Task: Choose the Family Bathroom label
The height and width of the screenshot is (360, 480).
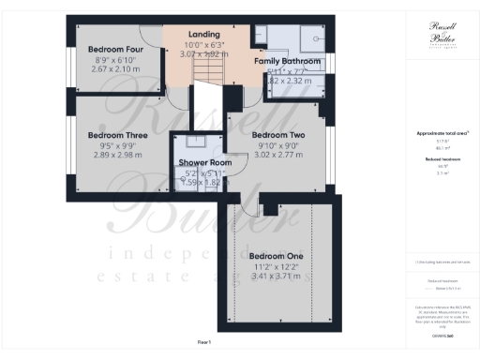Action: [288, 61]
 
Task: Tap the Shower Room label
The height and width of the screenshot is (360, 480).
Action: [198, 162]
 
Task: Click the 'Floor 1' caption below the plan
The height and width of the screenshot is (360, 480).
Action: [204, 343]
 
